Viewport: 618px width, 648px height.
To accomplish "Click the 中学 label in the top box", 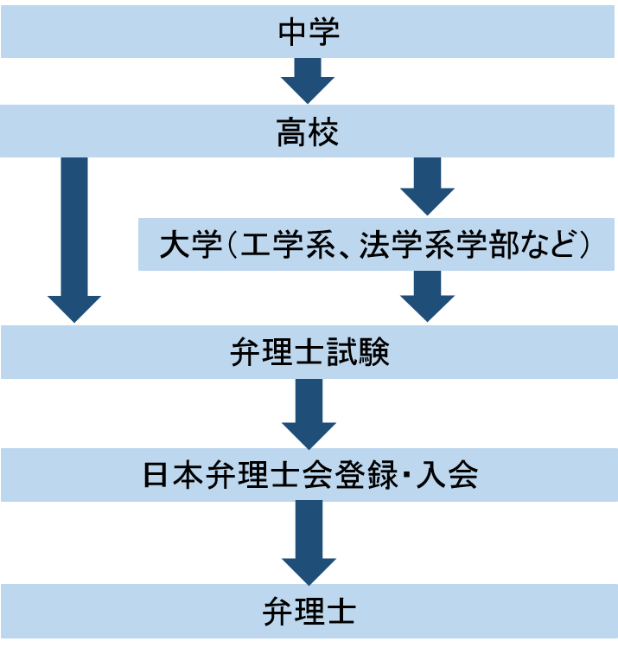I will pos(309,33).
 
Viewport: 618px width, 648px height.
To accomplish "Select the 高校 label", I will pos(309,133).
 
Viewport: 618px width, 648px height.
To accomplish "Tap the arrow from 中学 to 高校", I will pos(308,80).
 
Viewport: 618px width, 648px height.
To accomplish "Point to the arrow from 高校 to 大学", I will pos(427,185).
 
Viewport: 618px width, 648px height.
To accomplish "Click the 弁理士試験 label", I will pos(309,353).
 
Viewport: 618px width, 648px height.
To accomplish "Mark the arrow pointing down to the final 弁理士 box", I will pos(309,541).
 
